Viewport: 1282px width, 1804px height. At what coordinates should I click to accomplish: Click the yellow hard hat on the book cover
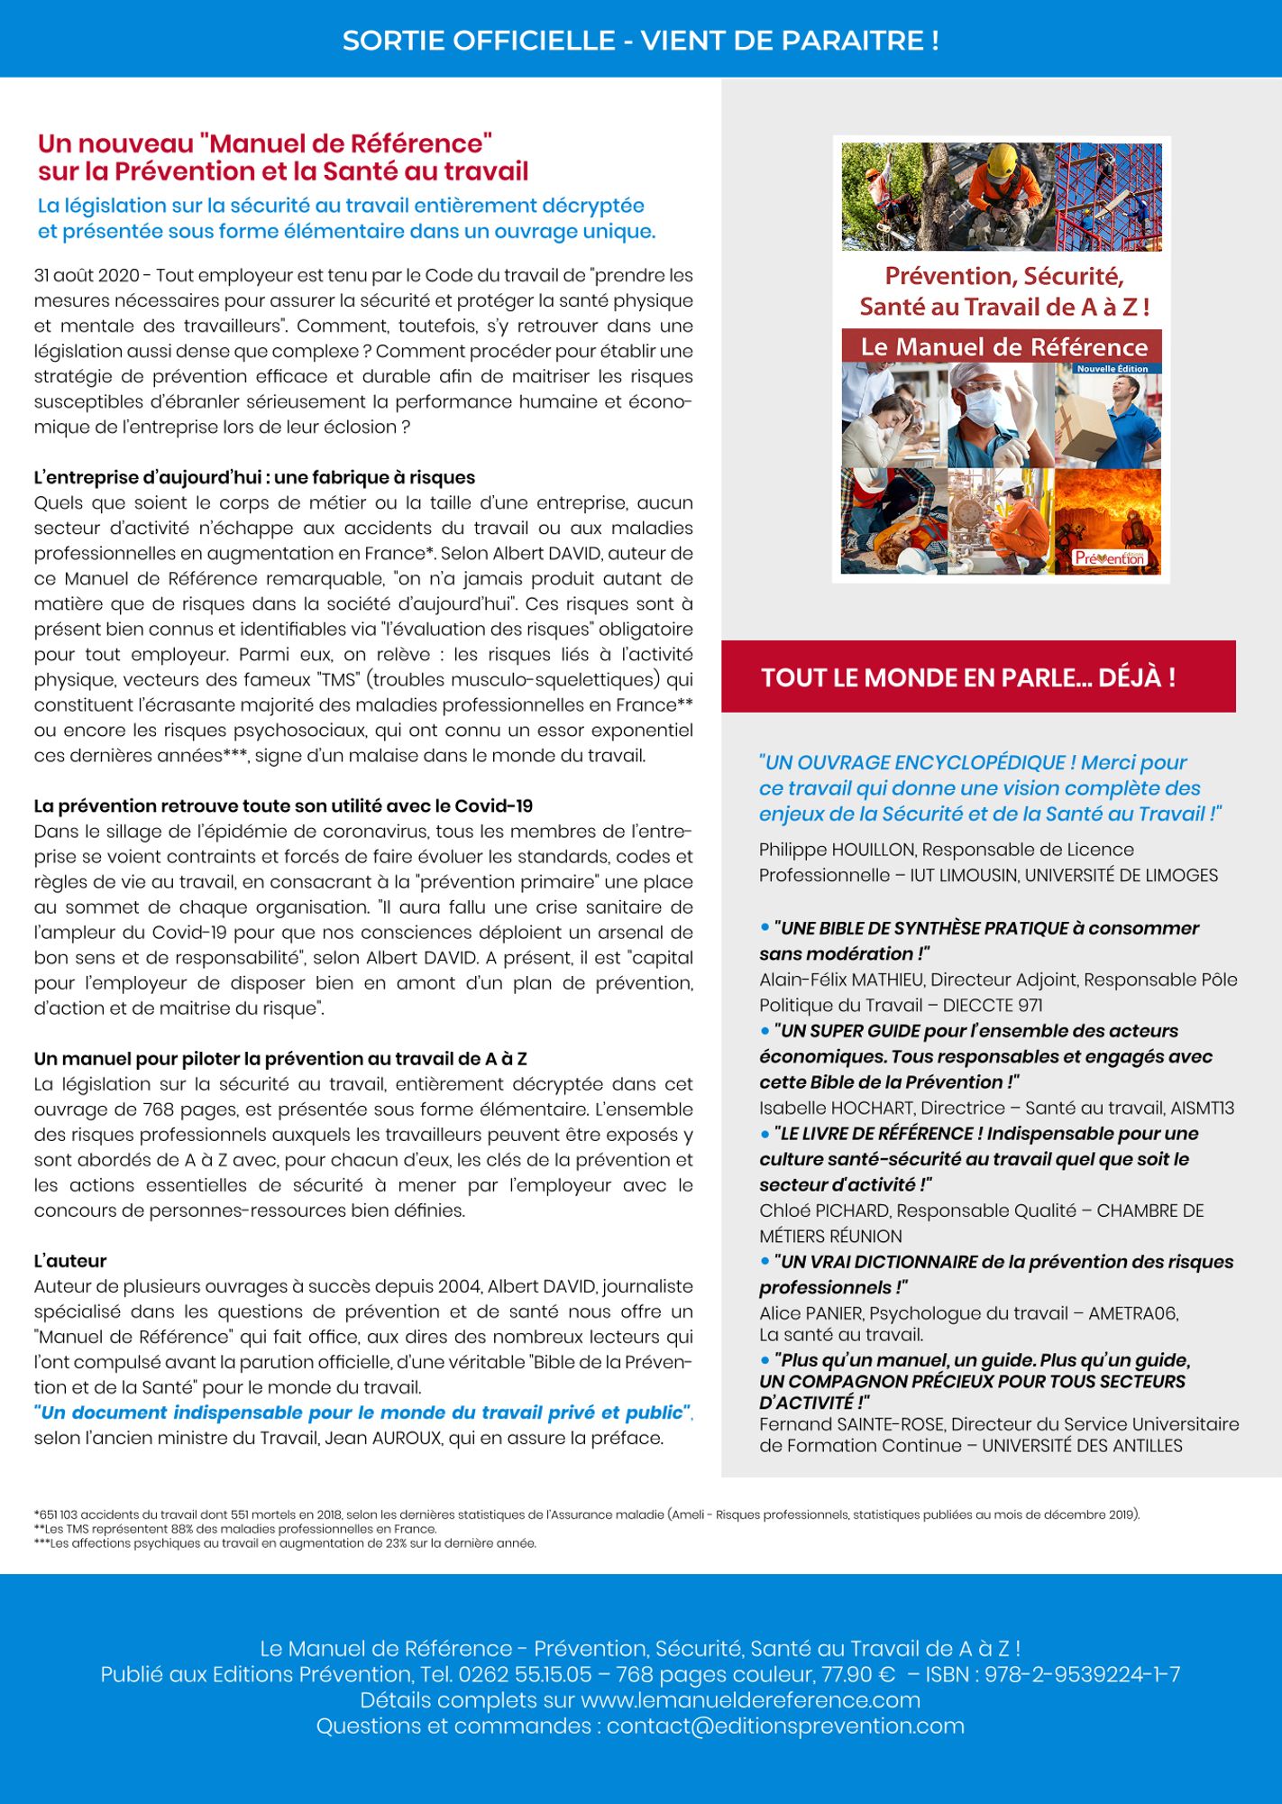pos(1001,162)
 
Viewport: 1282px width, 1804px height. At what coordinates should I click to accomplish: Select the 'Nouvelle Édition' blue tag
pos(1112,369)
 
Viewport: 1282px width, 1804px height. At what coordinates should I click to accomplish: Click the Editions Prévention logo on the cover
pos(1109,557)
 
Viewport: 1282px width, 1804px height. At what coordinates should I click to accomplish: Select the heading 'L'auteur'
pos(70,1261)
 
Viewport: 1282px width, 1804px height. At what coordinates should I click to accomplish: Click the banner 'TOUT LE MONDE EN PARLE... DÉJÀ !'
pos(968,677)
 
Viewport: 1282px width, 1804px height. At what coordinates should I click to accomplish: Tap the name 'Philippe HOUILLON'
pos(836,850)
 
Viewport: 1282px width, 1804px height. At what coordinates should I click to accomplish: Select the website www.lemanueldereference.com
pos(750,1701)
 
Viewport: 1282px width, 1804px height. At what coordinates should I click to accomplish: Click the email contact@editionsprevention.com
pos(784,1726)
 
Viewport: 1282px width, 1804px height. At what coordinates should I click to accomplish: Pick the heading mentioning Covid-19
pos(283,806)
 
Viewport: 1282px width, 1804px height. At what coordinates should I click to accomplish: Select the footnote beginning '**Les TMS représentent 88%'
pos(235,1529)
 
